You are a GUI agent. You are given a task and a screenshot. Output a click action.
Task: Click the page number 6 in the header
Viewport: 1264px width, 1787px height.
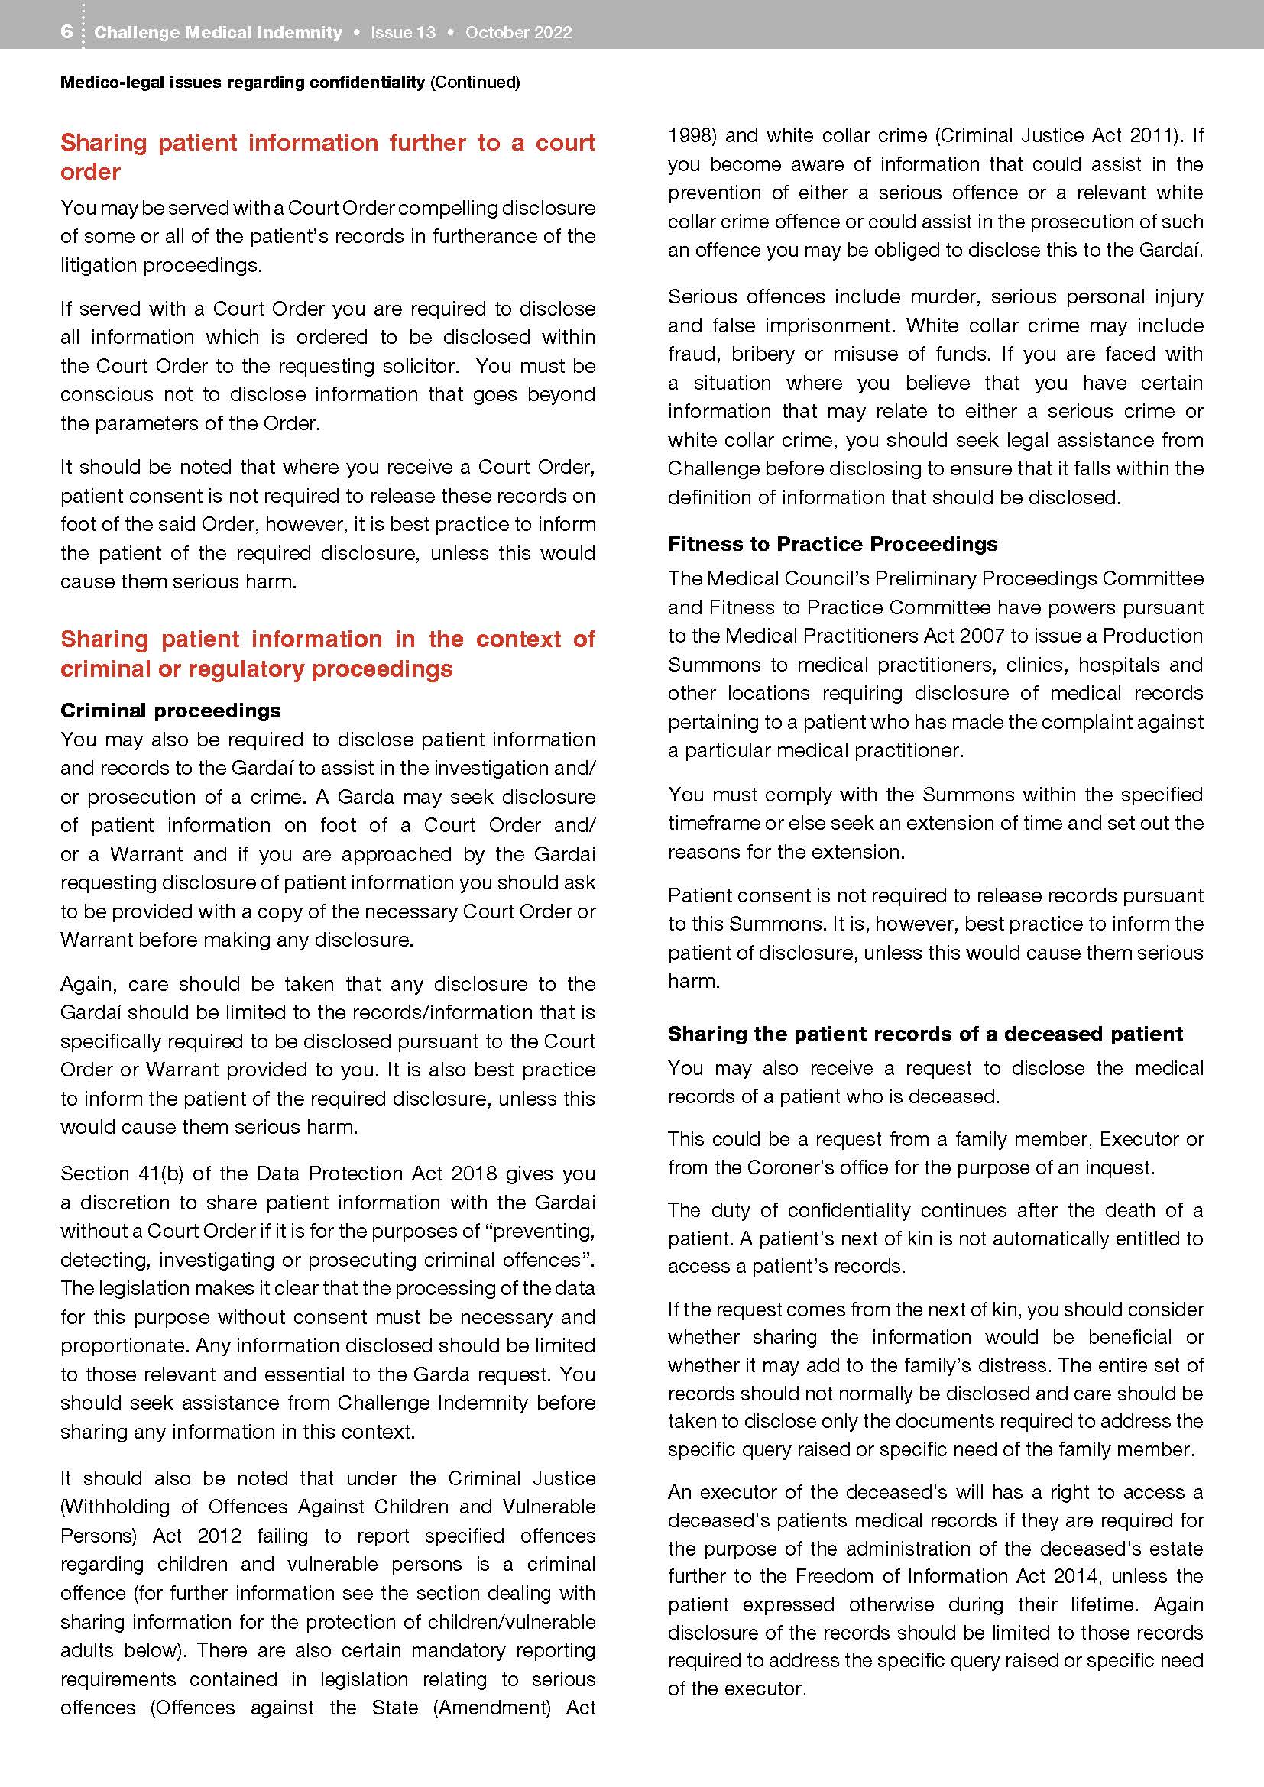tap(66, 32)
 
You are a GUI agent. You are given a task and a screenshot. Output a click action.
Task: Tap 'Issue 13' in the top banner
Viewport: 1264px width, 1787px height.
tap(403, 33)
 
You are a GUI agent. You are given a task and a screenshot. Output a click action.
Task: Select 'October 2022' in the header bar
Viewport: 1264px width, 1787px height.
tap(518, 33)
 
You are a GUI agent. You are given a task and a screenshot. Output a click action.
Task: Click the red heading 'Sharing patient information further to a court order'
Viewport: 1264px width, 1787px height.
tap(328, 157)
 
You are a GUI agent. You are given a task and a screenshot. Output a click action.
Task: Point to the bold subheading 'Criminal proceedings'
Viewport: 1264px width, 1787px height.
tap(170, 710)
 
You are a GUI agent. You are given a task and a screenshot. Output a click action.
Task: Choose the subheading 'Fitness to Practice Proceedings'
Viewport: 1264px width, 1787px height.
tap(832, 543)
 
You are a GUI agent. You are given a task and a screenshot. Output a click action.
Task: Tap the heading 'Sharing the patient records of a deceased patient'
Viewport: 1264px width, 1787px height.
tap(925, 1033)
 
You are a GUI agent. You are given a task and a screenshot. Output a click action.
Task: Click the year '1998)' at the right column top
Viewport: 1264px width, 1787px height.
tap(691, 135)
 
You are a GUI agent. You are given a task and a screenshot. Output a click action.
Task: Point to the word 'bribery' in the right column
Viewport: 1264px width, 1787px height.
tap(764, 354)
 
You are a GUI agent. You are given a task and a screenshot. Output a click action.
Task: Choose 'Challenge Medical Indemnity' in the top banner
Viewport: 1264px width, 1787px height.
tap(218, 33)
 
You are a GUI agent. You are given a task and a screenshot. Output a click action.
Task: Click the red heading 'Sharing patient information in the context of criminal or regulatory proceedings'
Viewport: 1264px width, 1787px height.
tap(328, 653)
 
